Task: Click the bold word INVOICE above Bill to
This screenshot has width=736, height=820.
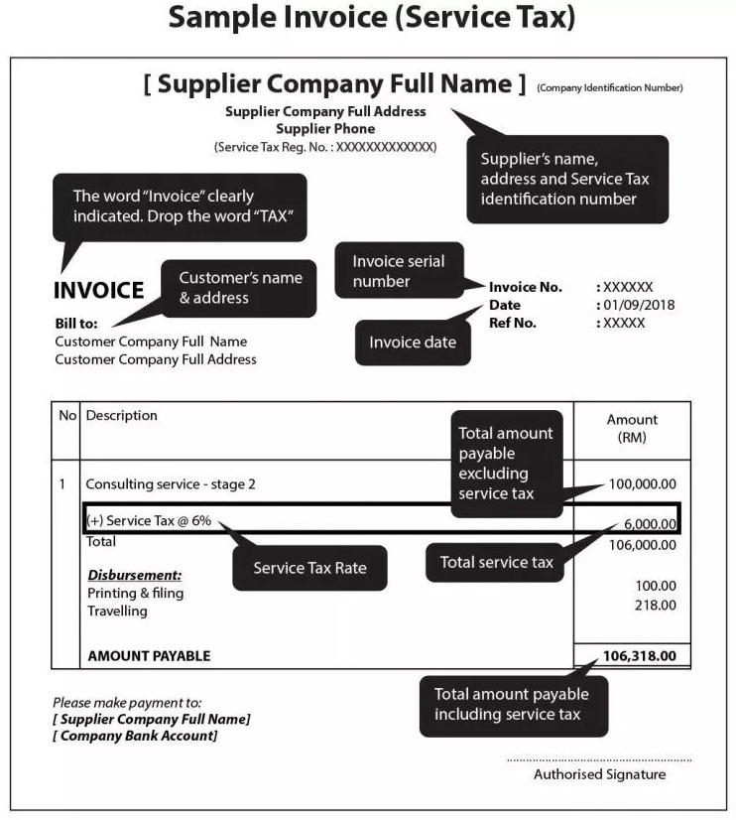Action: coord(98,291)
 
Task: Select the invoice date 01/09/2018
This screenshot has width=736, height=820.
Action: coord(638,305)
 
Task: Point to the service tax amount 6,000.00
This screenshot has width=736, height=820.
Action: coord(650,525)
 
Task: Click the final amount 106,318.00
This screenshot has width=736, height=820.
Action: coord(639,656)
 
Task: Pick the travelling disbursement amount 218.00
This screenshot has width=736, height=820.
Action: coord(656,605)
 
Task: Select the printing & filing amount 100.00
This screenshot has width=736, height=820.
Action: coord(656,586)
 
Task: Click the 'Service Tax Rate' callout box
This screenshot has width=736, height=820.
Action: coord(309,568)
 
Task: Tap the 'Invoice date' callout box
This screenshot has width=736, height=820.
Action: coord(413,342)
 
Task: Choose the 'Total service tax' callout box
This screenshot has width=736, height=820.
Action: coord(497,562)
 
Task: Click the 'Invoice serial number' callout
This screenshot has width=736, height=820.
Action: coord(399,271)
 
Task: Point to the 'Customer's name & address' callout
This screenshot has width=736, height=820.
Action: coord(240,288)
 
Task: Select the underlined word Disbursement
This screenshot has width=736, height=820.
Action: coord(135,575)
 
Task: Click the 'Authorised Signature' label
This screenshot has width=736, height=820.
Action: coord(600,774)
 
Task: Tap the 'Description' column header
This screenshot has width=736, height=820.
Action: coord(121,416)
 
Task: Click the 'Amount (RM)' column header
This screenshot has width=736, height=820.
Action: coord(632,428)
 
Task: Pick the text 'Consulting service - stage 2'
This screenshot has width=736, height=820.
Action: coord(171,484)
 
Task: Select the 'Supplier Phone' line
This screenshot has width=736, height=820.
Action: coord(325,129)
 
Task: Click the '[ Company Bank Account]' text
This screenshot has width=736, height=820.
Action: coord(135,736)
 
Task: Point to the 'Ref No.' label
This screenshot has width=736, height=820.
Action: coord(512,323)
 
